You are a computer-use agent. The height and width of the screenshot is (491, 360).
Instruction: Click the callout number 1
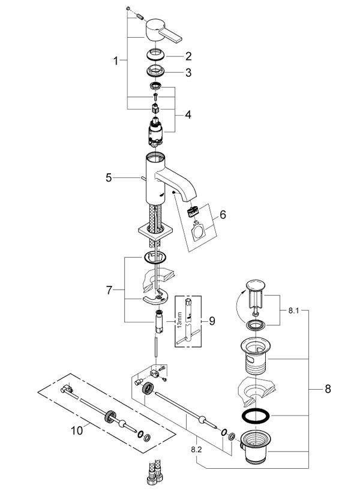116,61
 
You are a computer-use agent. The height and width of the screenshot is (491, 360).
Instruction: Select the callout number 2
188,56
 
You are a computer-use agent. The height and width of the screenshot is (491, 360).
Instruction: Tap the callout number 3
188,73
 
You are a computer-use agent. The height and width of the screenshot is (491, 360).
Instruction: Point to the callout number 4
188,115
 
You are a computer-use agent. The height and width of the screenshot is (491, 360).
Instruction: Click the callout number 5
109,178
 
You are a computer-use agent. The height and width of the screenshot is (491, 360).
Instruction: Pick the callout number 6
223,215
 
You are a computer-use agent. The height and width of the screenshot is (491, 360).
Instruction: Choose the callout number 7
109,290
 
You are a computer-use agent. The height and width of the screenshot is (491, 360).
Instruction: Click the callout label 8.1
293,311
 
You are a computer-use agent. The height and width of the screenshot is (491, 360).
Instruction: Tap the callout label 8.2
196,450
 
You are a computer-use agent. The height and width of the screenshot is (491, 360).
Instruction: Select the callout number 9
212,321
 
